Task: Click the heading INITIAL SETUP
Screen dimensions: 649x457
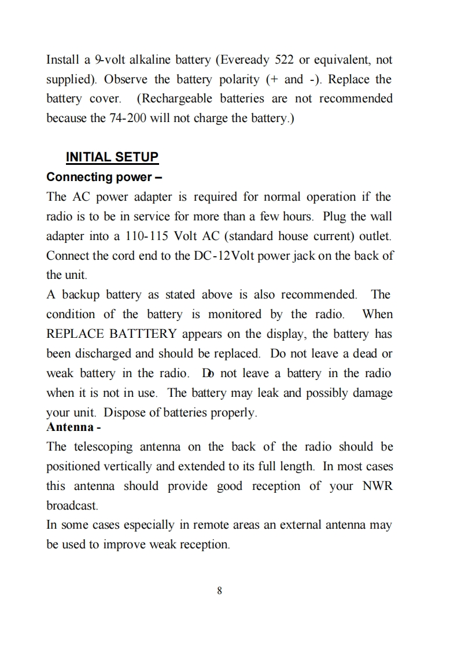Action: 112,157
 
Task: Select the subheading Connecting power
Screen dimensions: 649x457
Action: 99,176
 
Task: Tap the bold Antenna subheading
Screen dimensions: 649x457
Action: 70,427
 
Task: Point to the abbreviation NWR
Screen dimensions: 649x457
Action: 377,486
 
